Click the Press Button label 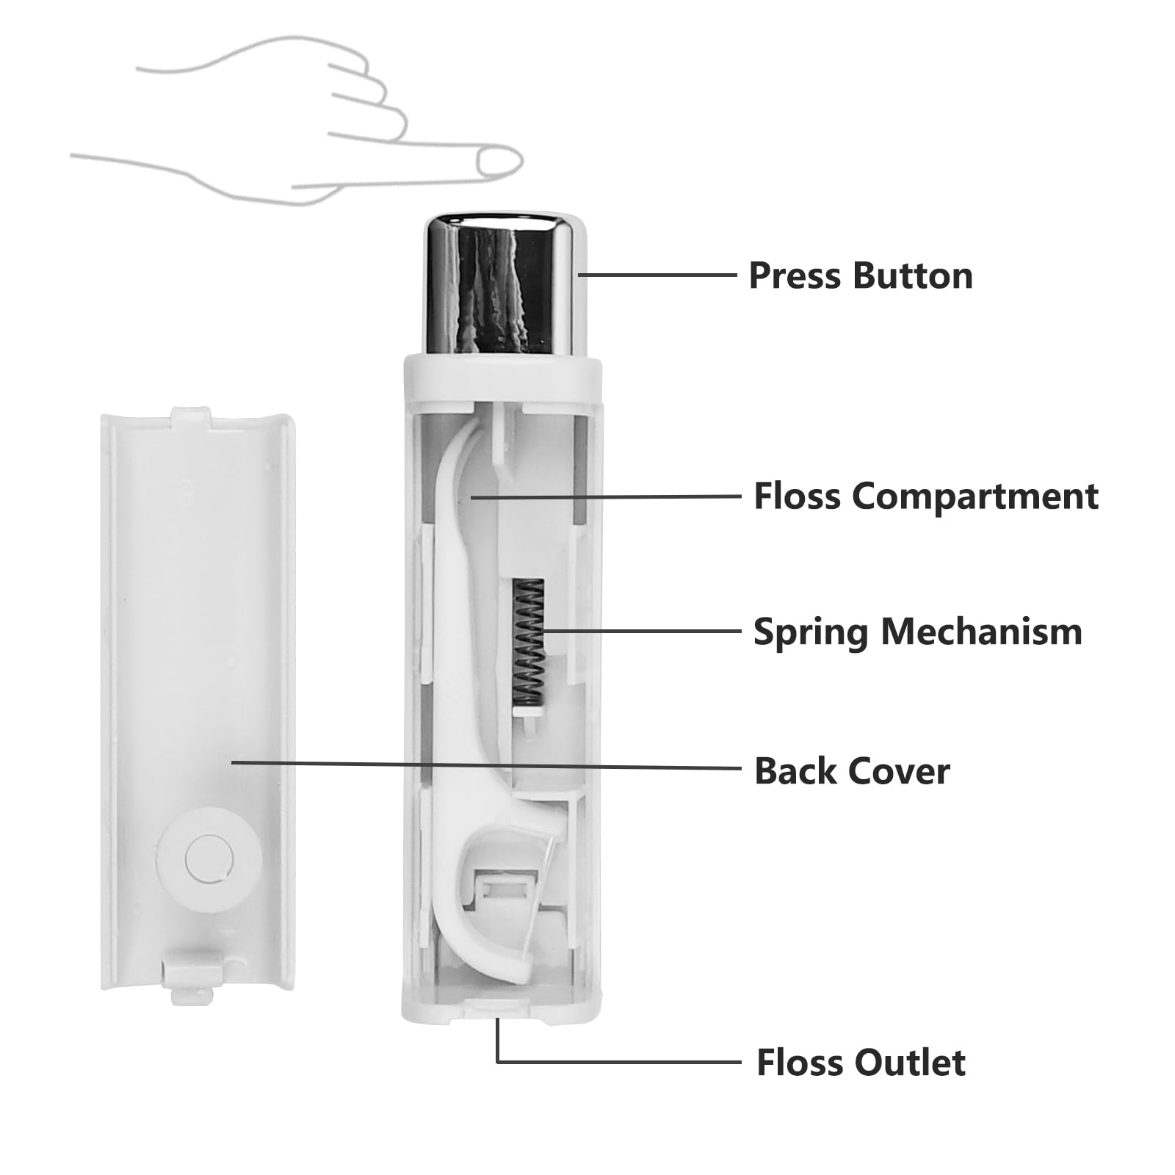pyautogui.click(x=860, y=276)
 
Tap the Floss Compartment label pyautogui.click(x=925, y=496)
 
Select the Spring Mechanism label pyautogui.click(x=917, y=632)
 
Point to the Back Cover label pyautogui.click(x=852, y=771)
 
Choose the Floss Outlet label pyautogui.click(x=861, y=1063)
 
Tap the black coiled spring pyautogui.click(x=529, y=639)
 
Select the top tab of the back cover pyautogui.click(x=190, y=417)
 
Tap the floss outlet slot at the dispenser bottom pyautogui.click(x=497, y=1010)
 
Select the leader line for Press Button pyautogui.click(x=657, y=275)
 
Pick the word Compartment pyautogui.click(x=975, y=496)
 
